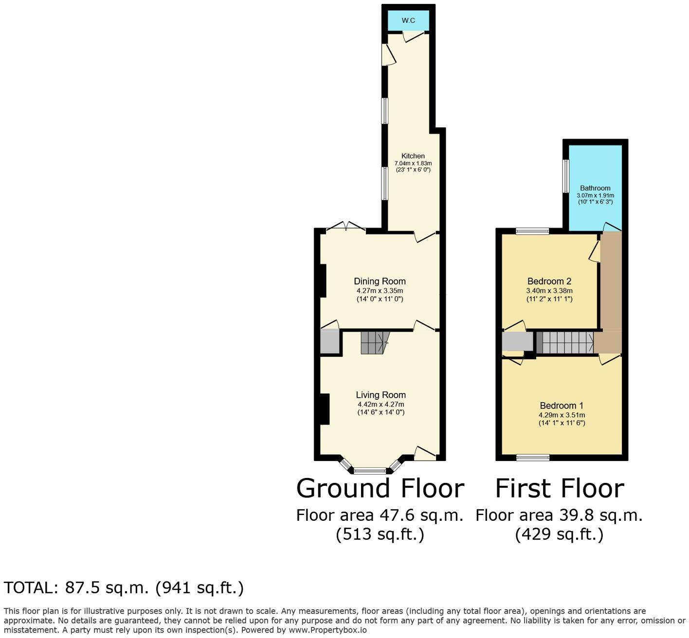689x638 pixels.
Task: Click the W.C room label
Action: (408, 20)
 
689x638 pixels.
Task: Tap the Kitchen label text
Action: (413, 156)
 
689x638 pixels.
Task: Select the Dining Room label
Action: (380, 281)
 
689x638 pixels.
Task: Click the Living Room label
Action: (381, 395)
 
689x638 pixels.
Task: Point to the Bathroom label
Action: (595, 188)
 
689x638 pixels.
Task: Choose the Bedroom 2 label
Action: (549, 281)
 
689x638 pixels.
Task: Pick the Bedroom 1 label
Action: (562, 406)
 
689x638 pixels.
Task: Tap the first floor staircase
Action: (567, 342)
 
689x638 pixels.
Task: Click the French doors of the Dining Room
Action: (345, 227)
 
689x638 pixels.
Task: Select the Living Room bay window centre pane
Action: (370, 470)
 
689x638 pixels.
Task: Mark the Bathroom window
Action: (566, 176)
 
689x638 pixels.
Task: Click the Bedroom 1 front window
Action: (533, 457)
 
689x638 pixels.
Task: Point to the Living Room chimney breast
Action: (325, 408)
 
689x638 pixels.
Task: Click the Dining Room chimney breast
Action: (323, 280)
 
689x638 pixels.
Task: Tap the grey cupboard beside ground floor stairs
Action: (330, 342)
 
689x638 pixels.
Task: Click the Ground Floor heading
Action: (380, 488)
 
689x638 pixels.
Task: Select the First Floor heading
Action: (560, 488)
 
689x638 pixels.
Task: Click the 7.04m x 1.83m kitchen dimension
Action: (413, 163)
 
